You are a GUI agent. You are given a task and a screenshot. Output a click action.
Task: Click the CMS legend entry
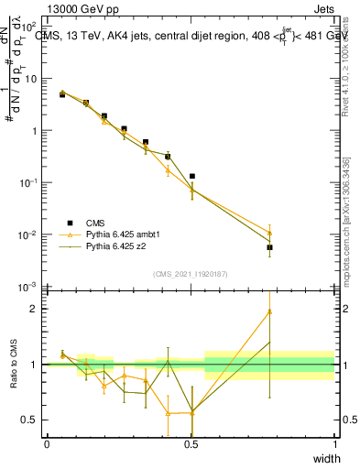(x=95, y=222)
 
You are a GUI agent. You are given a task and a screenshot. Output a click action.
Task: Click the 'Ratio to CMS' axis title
(x=13, y=364)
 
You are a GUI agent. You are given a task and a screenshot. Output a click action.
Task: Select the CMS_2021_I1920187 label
(x=191, y=274)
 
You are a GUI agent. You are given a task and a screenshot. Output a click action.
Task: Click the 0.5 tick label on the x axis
(x=191, y=443)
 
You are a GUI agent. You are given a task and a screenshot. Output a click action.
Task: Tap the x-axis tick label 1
(x=335, y=443)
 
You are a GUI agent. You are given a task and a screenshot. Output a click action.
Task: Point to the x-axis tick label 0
(x=47, y=443)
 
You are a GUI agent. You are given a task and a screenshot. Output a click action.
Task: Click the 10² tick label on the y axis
(x=33, y=27)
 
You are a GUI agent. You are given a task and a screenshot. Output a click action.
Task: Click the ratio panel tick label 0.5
(x=33, y=420)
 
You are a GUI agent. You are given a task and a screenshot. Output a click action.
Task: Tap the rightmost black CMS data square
(x=269, y=247)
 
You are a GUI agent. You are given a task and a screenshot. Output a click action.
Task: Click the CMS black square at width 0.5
(x=191, y=176)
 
